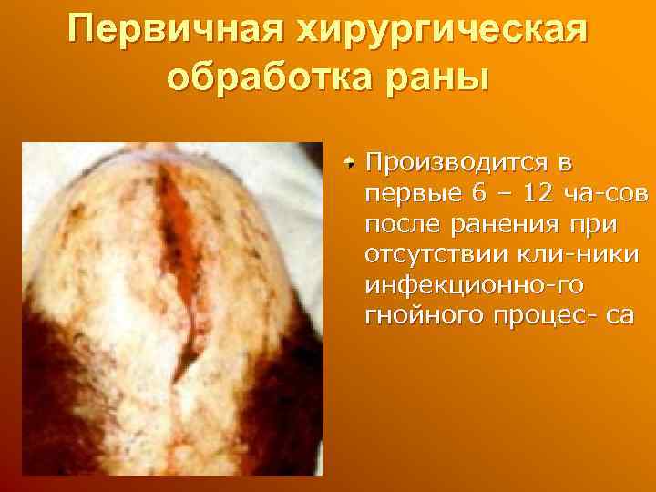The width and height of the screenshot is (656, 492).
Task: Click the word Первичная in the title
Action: (170, 36)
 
